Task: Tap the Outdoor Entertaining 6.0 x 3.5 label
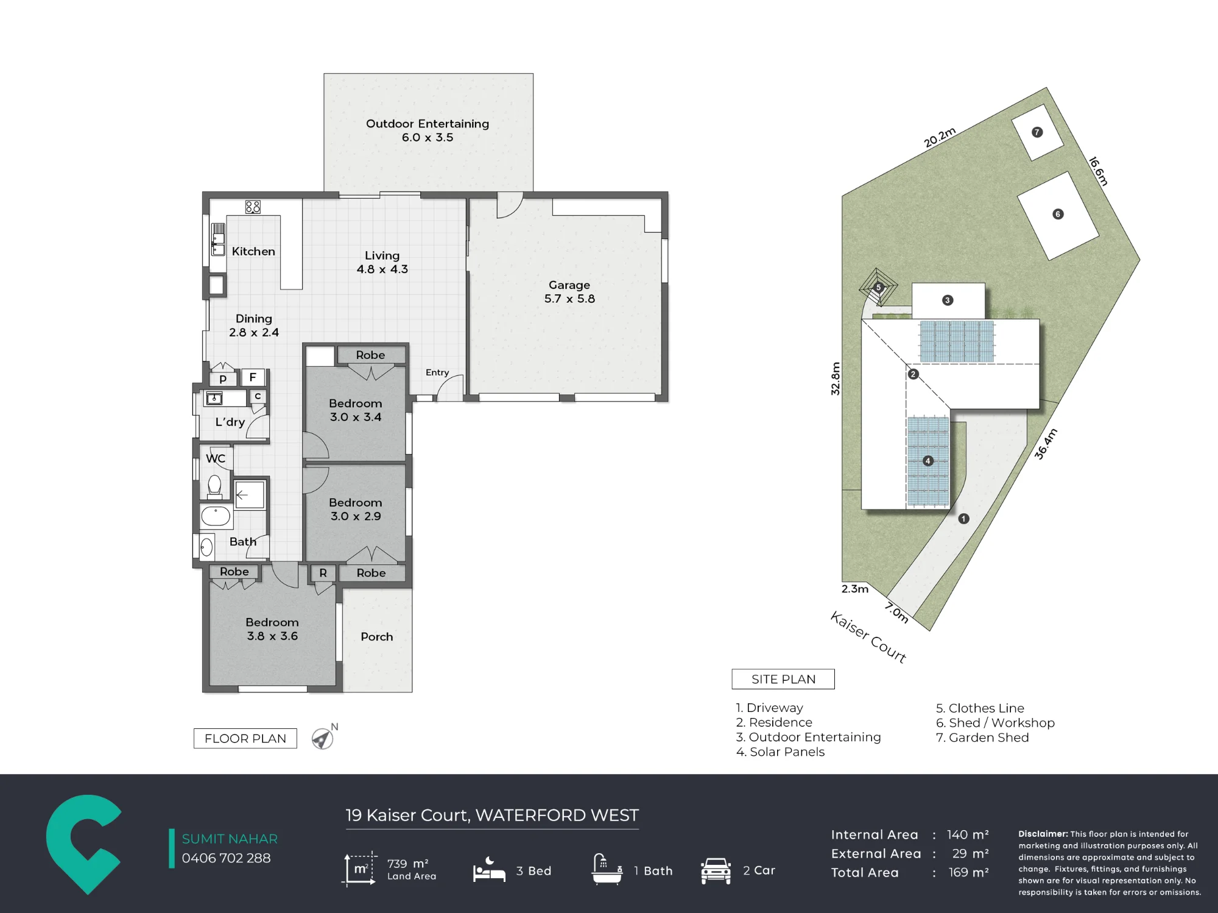point(428,130)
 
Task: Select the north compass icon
point(323,737)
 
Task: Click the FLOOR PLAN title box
point(245,738)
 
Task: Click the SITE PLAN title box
point(783,679)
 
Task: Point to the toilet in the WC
point(214,487)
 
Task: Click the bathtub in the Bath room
point(216,516)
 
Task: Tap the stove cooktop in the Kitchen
point(253,207)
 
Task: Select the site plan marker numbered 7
point(1037,132)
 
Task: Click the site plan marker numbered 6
point(1058,214)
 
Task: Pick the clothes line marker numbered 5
point(878,287)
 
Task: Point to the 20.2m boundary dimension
point(940,138)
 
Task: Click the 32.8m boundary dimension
point(836,378)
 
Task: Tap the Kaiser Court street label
point(868,637)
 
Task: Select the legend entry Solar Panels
point(780,751)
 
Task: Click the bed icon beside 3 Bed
point(489,870)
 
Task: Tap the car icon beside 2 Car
point(716,870)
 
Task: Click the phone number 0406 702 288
point(226,858)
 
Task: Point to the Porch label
point(377,636)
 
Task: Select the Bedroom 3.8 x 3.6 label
point(272,629)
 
